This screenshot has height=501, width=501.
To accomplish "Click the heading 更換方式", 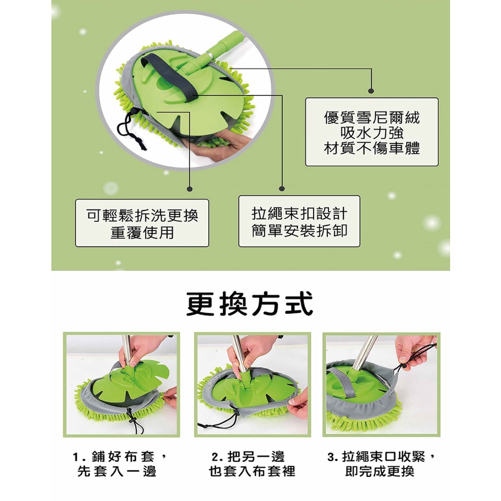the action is pyautogui.click(x=250, y=303).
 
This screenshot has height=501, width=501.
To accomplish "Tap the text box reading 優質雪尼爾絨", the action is pyautogui.click(x=372, y=132).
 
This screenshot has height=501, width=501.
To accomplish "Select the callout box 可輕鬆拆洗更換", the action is pyautogui.click(x=142, y=223).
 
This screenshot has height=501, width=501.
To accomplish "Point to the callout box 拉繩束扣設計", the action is pyautogui.click(x=299, y=221).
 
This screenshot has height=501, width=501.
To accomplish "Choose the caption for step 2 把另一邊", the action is pyautogui.click(x=252, y=464).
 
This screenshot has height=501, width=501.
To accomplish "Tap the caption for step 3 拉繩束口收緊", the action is pyautogui.click(x=381, y=464).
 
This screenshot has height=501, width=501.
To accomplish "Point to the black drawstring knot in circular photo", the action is pyautogui.click(x=139, y=141).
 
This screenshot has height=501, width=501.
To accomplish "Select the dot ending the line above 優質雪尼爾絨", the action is pyautogui.click(x=371, y=91).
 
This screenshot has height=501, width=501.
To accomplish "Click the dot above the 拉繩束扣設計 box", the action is pyautogui.click(x=282, y=189).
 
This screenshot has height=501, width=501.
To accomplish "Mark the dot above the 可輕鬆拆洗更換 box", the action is pyautogui.click(x=190, y=189).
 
